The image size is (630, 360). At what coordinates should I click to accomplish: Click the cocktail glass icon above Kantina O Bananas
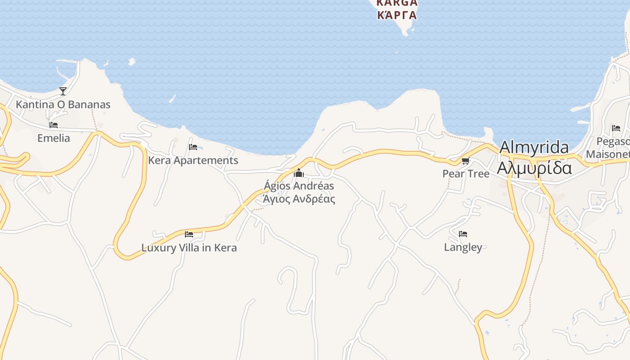coord(63,91)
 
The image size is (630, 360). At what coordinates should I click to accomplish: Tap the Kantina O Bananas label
coord(63,104)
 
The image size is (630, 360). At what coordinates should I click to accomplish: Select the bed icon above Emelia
coord(54,125)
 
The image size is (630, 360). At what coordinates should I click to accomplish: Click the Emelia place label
coord(54,138)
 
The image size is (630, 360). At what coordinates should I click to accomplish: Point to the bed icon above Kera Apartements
coord(193,147)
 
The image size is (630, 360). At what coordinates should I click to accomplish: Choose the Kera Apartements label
coord(193,160)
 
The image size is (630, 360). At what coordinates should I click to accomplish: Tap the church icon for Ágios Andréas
coord(299,173)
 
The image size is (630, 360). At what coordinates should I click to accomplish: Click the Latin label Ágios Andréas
coord(299,185)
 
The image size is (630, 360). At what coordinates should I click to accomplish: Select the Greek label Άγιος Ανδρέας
coord(299,198)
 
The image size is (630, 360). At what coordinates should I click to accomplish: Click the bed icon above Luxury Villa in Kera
coord(189,234)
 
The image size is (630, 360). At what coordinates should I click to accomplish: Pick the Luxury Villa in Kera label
coord(189,247)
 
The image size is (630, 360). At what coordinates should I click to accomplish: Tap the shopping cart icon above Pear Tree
coord(466,161)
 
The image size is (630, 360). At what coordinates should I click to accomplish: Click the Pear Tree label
coord(466,173)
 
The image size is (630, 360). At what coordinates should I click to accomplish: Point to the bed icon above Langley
coord(463,234)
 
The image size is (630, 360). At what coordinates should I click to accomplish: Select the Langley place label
coord(463,247)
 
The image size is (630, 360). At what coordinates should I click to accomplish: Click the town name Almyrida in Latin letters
coord(534,147)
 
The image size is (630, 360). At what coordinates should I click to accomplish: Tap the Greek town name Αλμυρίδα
coord(534,167)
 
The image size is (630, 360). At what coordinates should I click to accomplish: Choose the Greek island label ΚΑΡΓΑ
coord(396,15)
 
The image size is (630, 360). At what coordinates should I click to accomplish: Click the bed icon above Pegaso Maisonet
coord(616,128)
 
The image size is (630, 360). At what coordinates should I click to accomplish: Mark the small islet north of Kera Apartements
coord(131,62)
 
